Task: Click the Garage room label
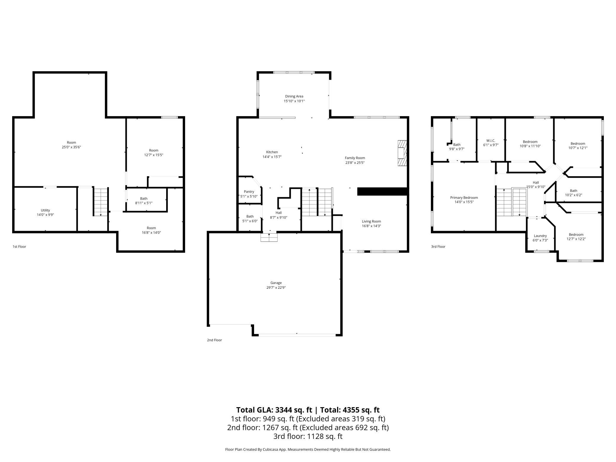pyautogui.click(x=276, y=283)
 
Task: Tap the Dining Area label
pyautogui.click(x=294, y=96)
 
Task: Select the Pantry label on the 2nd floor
pyautogui.click(x=249, y=192)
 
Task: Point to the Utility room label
pyautogui.click(x=45, y=210)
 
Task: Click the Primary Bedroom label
pyautogui.click(x=464, y=198)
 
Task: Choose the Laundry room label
pyautogui.click(x=540, y=236)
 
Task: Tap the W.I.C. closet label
pyautogui.click(x=491, y=140)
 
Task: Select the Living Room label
pyautogui.click(x=371, y=221)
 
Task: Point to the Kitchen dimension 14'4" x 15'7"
pyautogui.click(x=272, y=157)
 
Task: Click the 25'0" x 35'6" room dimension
pyautogui.click(x=71, y=147)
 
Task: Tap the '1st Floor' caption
pyautogui.click(x=19, y=246)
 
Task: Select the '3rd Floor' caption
pyautogui.click(x=438, y=246)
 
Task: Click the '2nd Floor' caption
pyautogui.click(x=214, y=340)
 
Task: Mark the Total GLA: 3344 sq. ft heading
pyautogui.click(x=274, y=410)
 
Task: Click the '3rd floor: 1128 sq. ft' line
pyautogui.click(x=308, y=436)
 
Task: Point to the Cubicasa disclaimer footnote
pyautogui.click(x=308, y=449)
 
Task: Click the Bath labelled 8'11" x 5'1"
pyautogui.click(x=144, y=200)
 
